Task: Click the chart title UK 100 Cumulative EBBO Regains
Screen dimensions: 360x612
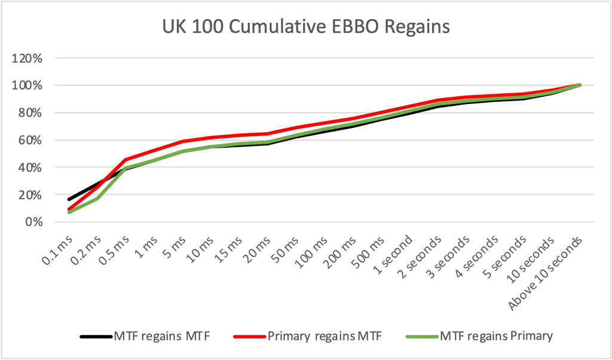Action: point(306,28)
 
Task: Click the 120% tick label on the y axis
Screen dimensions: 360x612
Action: point(29,59)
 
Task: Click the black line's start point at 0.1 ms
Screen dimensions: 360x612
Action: point(69,199)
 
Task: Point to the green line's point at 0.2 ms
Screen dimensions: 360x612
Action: point(97,199)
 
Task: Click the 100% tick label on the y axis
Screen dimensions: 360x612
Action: point(29,86)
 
